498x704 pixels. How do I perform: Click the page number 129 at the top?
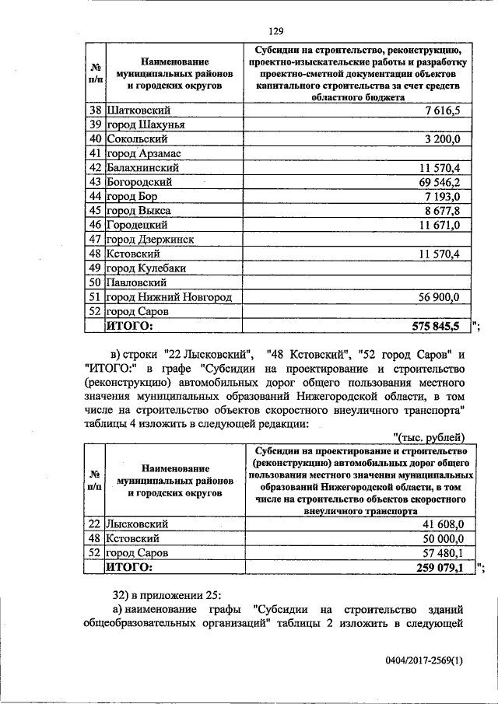(x=275, y=31)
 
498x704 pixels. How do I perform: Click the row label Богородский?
(x=139, y=182)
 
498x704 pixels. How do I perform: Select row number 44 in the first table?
(x=95, y=196)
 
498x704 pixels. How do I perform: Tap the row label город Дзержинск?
(x=150, y=240)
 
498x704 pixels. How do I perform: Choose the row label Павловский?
(x=137, y=283)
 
